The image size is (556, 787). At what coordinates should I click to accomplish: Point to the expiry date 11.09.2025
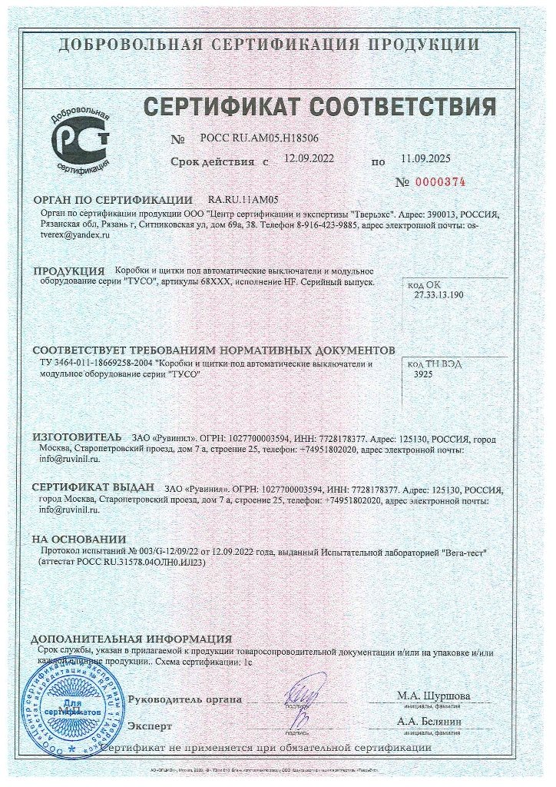425,159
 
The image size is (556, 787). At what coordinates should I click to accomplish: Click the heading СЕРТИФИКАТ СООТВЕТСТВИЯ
319,105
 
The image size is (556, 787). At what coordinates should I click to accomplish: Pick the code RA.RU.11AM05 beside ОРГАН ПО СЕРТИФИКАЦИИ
243,199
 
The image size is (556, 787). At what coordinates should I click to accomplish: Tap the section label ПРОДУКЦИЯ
69,271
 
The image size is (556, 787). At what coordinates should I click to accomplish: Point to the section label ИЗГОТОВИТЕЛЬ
77,437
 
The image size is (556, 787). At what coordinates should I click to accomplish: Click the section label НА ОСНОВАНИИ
78,540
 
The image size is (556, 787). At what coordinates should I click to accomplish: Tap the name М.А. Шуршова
434,696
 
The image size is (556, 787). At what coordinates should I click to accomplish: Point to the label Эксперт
150,726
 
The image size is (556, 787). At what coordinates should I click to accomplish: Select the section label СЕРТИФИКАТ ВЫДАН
94,488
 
